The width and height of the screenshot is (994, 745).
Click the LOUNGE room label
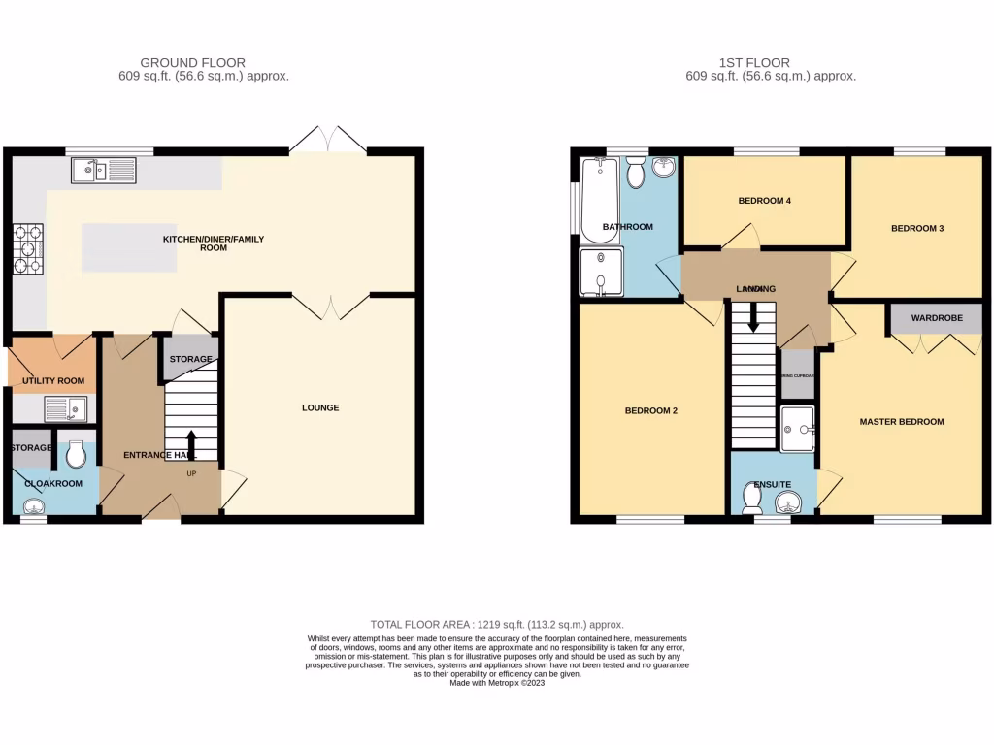click(x=319, y=407)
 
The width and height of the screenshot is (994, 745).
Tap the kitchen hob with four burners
click(x=26, y=249)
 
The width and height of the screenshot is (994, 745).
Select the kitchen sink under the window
click(x=103, y=172)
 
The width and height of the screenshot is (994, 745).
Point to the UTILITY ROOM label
click(x=53, y=381)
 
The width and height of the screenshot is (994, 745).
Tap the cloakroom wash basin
click(x=32, y=506)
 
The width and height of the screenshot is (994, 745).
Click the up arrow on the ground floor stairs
click(x=190, y=440)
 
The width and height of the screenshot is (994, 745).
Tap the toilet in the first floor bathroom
click(x=637, y=174)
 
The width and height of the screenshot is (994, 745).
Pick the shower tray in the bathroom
click(x=601, y=270)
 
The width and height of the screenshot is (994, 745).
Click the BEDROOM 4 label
click(x=765, y=201)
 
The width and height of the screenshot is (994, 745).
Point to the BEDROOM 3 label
click(x=917, y=228)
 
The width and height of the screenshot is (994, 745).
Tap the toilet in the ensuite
click(x=750, y=498)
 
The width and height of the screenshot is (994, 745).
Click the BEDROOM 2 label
click(x=650, y=410)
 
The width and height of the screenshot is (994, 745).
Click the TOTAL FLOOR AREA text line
click(x=497, y=625)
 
